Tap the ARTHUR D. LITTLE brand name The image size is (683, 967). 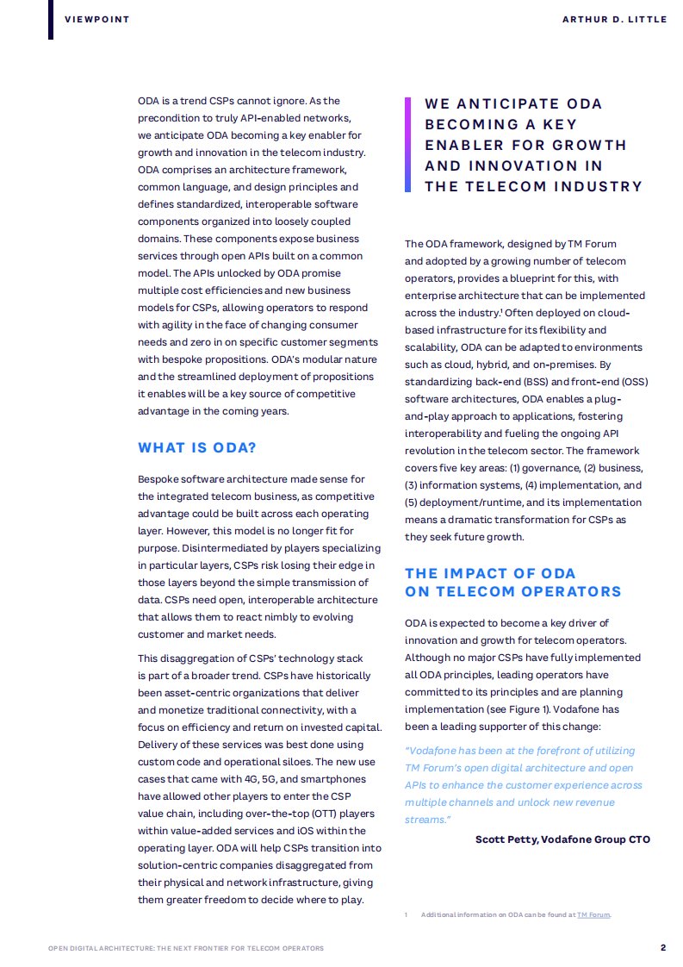pos(613,19)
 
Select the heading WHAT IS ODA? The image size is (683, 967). pos(197,448)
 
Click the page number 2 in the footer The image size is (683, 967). pos(662,948)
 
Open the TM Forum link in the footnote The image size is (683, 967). pos(593,914)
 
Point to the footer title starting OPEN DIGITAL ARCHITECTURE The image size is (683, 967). pos(186,949)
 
